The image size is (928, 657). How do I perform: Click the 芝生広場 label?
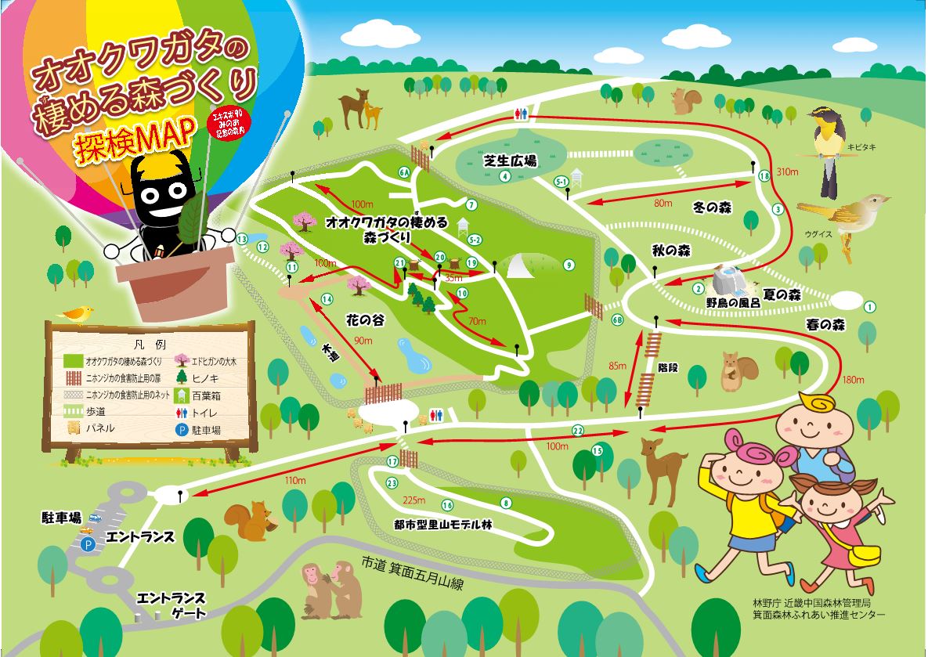pos(510,161)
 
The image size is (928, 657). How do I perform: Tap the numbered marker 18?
pos(764,177)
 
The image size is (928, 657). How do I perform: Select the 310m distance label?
pos(786,172)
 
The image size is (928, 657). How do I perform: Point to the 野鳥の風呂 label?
pos(732,302)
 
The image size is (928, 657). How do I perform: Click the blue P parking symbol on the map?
pos(88,543)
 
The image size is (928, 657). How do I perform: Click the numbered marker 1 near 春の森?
pos(869,307)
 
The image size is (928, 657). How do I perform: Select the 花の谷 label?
pos(363,319)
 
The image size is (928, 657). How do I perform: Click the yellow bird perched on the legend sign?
pos(76,313)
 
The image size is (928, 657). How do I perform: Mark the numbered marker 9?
pos(568,264)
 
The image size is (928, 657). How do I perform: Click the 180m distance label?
pos(853,381)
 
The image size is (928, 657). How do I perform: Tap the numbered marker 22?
pos(578,431)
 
